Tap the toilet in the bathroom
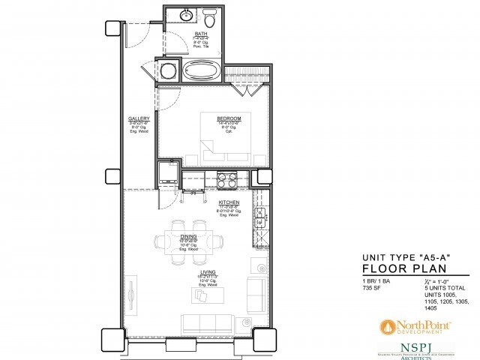(210, 20)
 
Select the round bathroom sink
(185, 15)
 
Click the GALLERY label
(139, 118)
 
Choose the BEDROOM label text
(229, 118)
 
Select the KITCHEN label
(229, 202)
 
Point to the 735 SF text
(373, 287)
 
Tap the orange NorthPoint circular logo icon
(387, 326)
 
